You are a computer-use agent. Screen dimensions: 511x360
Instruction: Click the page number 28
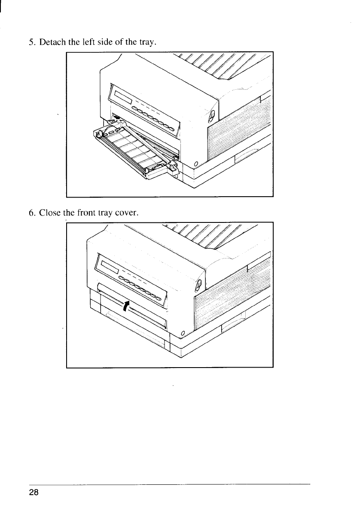tap(34, 493)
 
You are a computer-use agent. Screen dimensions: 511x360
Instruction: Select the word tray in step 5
tap(148, 42)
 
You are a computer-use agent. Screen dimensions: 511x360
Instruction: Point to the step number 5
tap(31, 42)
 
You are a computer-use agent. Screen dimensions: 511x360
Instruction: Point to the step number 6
tap(31, 212)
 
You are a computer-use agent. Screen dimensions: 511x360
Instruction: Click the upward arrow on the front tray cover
tap(125, 306)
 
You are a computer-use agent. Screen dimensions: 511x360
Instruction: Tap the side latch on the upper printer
tap(211, 116)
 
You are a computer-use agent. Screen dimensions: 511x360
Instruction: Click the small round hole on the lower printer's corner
tap(183, 333)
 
